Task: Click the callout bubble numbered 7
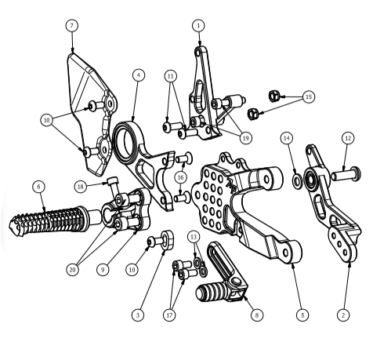pyautogui.click(x=72, y=26)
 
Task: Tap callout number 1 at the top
pyautogui.click(x=199, y=26)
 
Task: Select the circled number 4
pyautogui.click(x=139, y=75)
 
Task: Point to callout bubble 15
pyautogui.click(x=309, y=96)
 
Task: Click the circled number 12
pyautogui.click(x=348, y=138)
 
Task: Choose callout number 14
pyautogui.click(x=287, y=138)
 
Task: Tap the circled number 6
pyautogui.click(x=39, y=187)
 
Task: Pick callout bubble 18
pyautogui.click(x=81, y=187)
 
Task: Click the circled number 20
pyautogui.click(x=72, y=270)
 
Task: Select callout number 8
pyautogui.click(x=256, y=315)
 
